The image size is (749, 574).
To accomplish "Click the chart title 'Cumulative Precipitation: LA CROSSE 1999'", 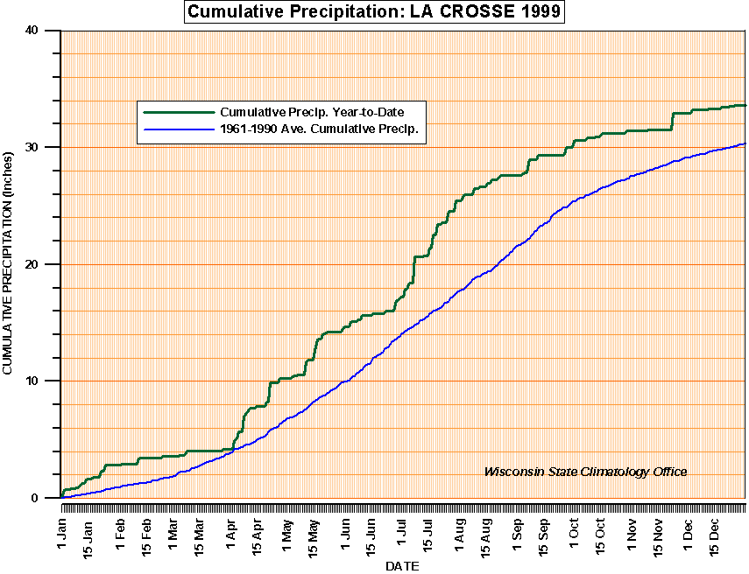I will coord(373,12).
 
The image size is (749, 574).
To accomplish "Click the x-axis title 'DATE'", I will coord(402,566).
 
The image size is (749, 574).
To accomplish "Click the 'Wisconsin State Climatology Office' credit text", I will coord(585,472).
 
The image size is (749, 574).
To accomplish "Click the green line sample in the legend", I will coord(179,112).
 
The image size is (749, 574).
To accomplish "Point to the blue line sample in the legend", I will coord(179,129).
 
